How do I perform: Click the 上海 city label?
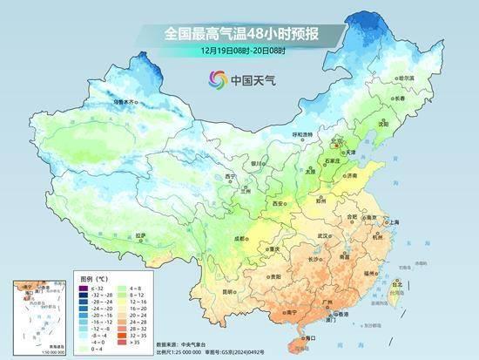click(x=394, y=222)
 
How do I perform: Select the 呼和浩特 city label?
click(x=301, y=134)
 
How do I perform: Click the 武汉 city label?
click(x=323, y=235)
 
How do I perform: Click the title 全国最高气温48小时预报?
click(x=239, y=33)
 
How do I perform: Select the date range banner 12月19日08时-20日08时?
click(x=239, y=51)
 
